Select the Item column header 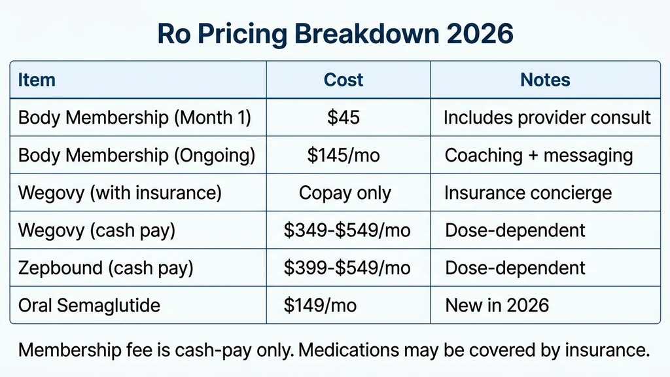[x=37, y=80]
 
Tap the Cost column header [x=344, y=80]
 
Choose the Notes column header [x=545, y=80]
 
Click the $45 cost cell [x=344, y=118]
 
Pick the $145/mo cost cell [x=344, y=156]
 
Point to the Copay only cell [x=345, y=193]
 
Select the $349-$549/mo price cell [x=347, y=230]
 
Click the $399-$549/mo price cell [x=347, y=268]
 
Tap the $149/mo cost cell [x=321, y=305]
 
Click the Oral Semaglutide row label [x=89, y=305]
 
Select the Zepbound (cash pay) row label [x=105, y=268]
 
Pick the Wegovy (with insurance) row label [x=120, y=193]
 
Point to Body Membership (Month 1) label [x=134, y=118]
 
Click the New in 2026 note [x=497, y=305]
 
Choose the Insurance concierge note [x=528, y=193]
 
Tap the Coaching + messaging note [x=538, y=156]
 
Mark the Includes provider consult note [x=547, y=118]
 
